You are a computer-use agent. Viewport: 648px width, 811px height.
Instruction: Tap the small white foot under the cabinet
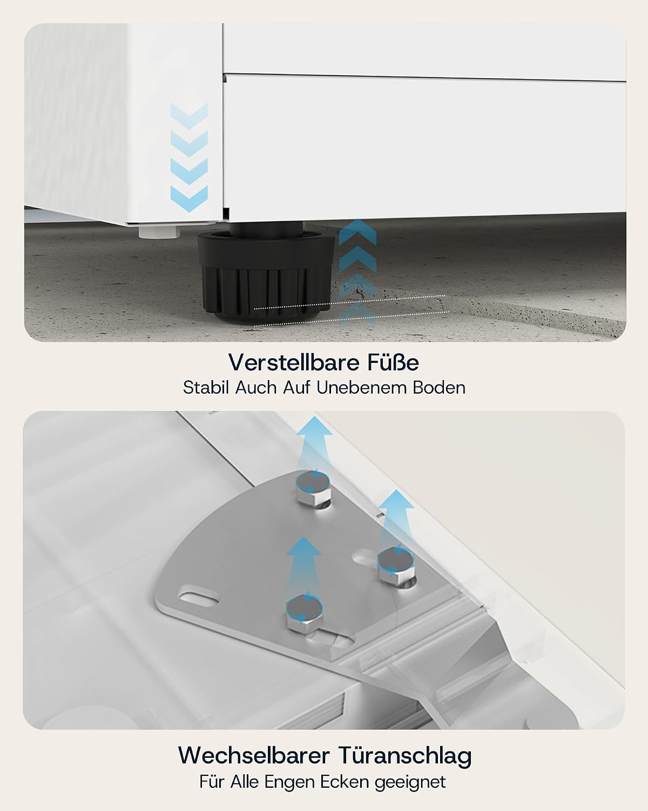(160, 231)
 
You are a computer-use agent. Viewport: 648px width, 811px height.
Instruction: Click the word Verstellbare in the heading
(294, 362)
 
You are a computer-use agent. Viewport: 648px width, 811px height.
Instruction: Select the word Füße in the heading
(392, 362)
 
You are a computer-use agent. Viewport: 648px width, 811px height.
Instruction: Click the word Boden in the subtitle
(439, 388)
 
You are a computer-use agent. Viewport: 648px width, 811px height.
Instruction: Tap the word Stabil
(206, 388)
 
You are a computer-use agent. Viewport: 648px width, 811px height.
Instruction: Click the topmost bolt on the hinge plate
(313, 488)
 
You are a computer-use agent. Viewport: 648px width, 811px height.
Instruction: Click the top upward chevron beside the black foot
(357, 232)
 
